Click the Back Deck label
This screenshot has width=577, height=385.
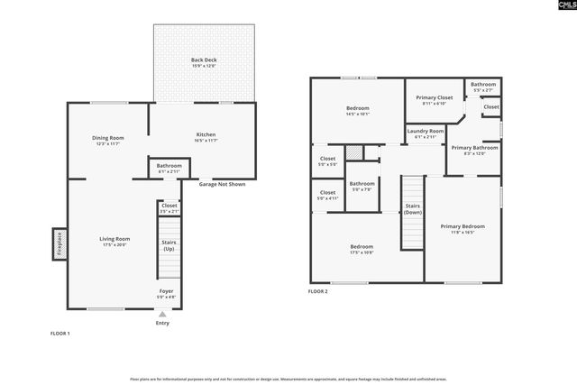point(204,60)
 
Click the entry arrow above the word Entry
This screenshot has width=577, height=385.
point(162,315)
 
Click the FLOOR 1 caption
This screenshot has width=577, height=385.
point(60,334)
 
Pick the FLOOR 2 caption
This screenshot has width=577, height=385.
point(317,292)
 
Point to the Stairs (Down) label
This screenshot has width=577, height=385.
point(413,209)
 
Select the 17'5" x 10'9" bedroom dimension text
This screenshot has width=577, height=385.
point(362,252)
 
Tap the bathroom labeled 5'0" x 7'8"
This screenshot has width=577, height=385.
point(362,187)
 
